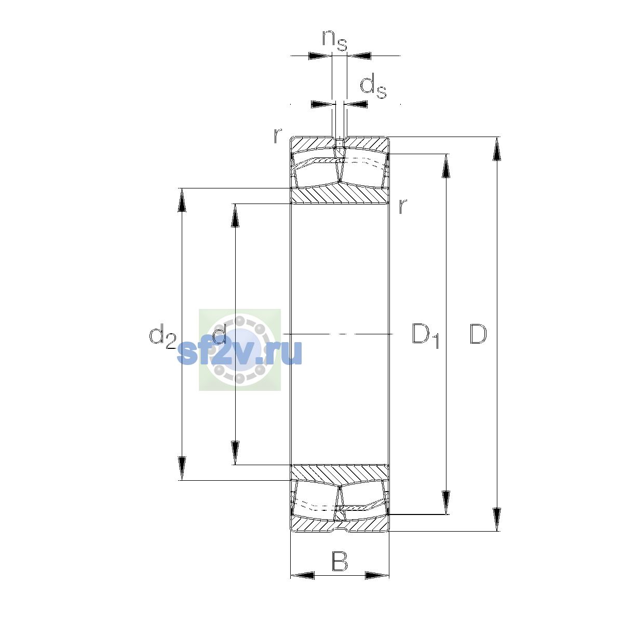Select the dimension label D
point(478,334)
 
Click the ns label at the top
point(335,40)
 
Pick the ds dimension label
point(373,85)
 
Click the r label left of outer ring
point(277,136)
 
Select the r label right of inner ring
point(402,206)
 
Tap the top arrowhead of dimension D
point(497,148)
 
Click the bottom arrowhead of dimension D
point(497,520)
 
